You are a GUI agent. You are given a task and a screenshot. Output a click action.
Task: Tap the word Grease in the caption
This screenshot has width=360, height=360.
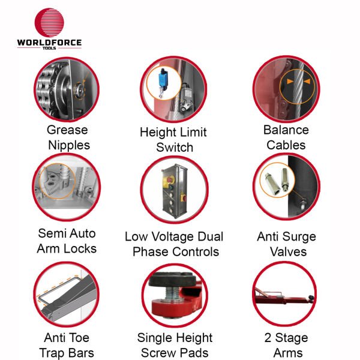[67, 130]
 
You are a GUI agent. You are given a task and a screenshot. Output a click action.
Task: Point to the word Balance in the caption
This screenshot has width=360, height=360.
[286, 130]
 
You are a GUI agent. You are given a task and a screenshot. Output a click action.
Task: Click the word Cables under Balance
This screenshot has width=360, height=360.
[286, 145]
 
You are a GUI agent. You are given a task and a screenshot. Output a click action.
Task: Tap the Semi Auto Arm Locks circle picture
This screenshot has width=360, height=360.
[66, 187]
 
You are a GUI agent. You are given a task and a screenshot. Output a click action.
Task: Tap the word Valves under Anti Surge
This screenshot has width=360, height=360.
[286, 251]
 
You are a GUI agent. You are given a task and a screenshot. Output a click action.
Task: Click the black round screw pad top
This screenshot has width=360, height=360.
[175, 277]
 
